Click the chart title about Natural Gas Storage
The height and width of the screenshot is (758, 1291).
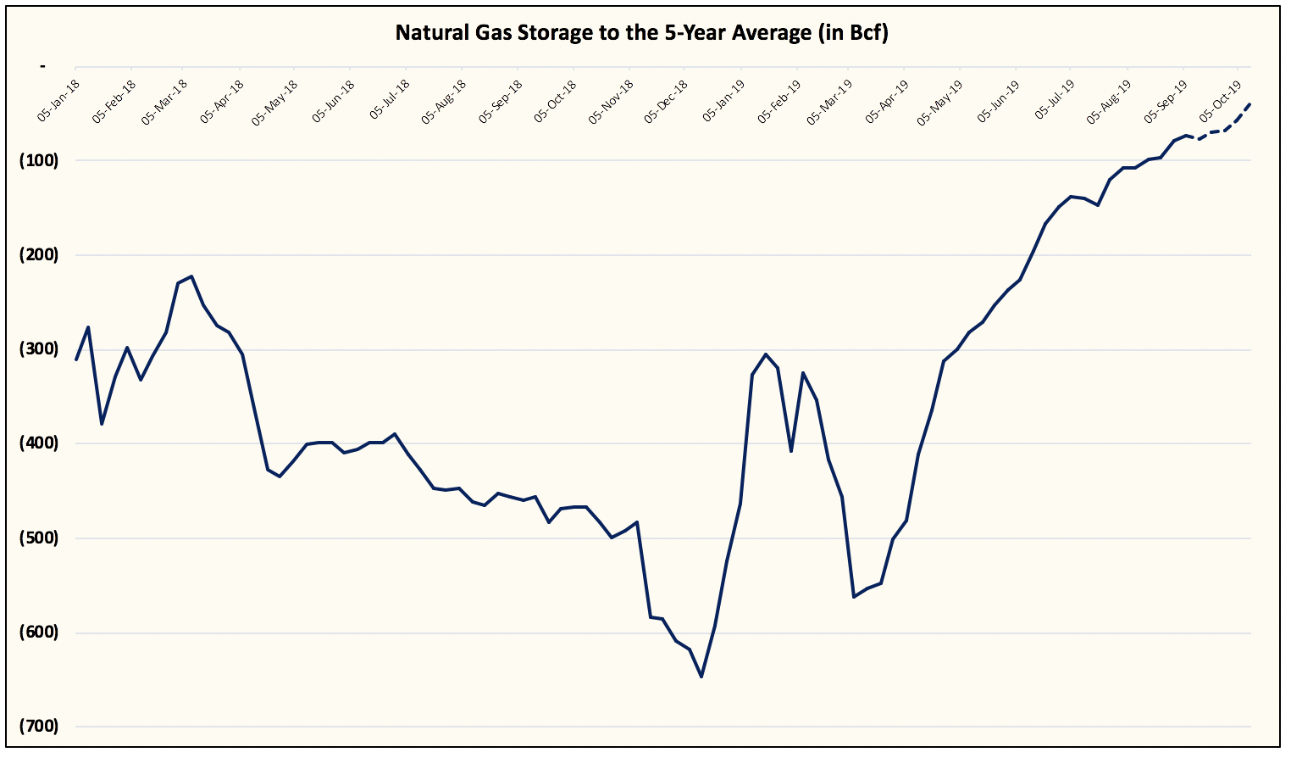pyautogui.click(x=641, y=33)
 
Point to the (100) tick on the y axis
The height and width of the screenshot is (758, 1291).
pyautogui.click(x=38, y=160)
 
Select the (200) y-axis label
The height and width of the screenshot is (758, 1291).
pyautogui.click(x=38, y=254)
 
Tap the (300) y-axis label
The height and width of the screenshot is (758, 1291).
pyautogui.click(x=38, y=349)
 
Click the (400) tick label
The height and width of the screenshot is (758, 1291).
pyautogui.click(x=38, y=443)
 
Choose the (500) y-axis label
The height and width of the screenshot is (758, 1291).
pyautogui.click(x=38, y=538)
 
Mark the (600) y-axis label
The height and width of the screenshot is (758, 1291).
pyautogui.click(x=38, y=633)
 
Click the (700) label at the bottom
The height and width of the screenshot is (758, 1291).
pyautogui.click(x=38, y=727)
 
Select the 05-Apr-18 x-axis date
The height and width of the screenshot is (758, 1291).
pyautogui.click(x=222, y=102)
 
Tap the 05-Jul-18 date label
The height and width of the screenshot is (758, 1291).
pyautogui.click(x=390, y=101)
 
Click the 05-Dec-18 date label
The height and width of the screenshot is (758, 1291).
pyautogui.click(x=666, y=102)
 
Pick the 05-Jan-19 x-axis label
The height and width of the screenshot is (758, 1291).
pyautogui.click(x=723, y=102)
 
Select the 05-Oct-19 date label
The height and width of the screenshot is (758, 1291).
pyautogui.click(x=1221, y=101)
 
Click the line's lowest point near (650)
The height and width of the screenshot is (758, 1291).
pyautogui.click(x=701, y=676)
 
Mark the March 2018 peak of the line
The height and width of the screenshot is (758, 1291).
pyautogui.click(x=191, y=276)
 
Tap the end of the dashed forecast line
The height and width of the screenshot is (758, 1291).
pyautogui.click(x=1250, y=103)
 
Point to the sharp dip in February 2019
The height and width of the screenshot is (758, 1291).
pyautogui.click(x=790, y=450)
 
